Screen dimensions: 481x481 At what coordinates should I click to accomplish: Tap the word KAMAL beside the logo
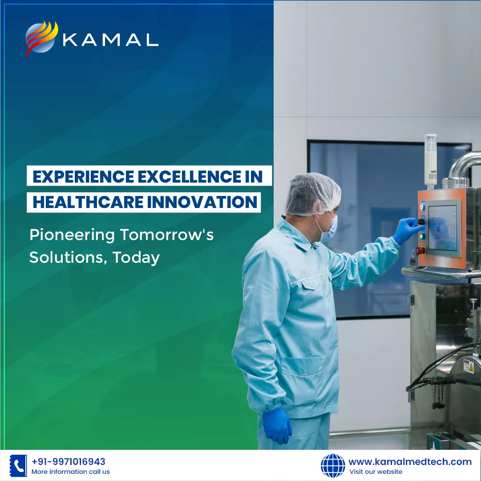click(x=111, y=40)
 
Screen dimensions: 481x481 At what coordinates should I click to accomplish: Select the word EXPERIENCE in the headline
click(x=83, y=176)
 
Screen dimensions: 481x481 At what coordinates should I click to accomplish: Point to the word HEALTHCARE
click(x=88, y=202)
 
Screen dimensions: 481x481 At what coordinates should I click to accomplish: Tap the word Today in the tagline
click(x=136, y=258)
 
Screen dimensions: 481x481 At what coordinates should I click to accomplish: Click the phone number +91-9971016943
click(x=69, y=462)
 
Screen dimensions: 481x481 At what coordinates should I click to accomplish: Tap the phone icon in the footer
click(x=18, y=466)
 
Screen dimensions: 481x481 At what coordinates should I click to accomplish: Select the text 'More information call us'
click(x=71, y=472)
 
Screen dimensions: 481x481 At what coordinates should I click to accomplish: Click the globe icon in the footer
click(x=333, y=466)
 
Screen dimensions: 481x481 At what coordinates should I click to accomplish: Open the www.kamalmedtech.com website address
click(x=410, y=462)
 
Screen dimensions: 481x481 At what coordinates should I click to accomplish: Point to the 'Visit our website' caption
click(x=376, y=472)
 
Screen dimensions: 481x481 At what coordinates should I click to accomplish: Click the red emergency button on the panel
click(x=420, y=250)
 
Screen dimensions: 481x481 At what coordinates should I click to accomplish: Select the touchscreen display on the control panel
click(x=443, y=228)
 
